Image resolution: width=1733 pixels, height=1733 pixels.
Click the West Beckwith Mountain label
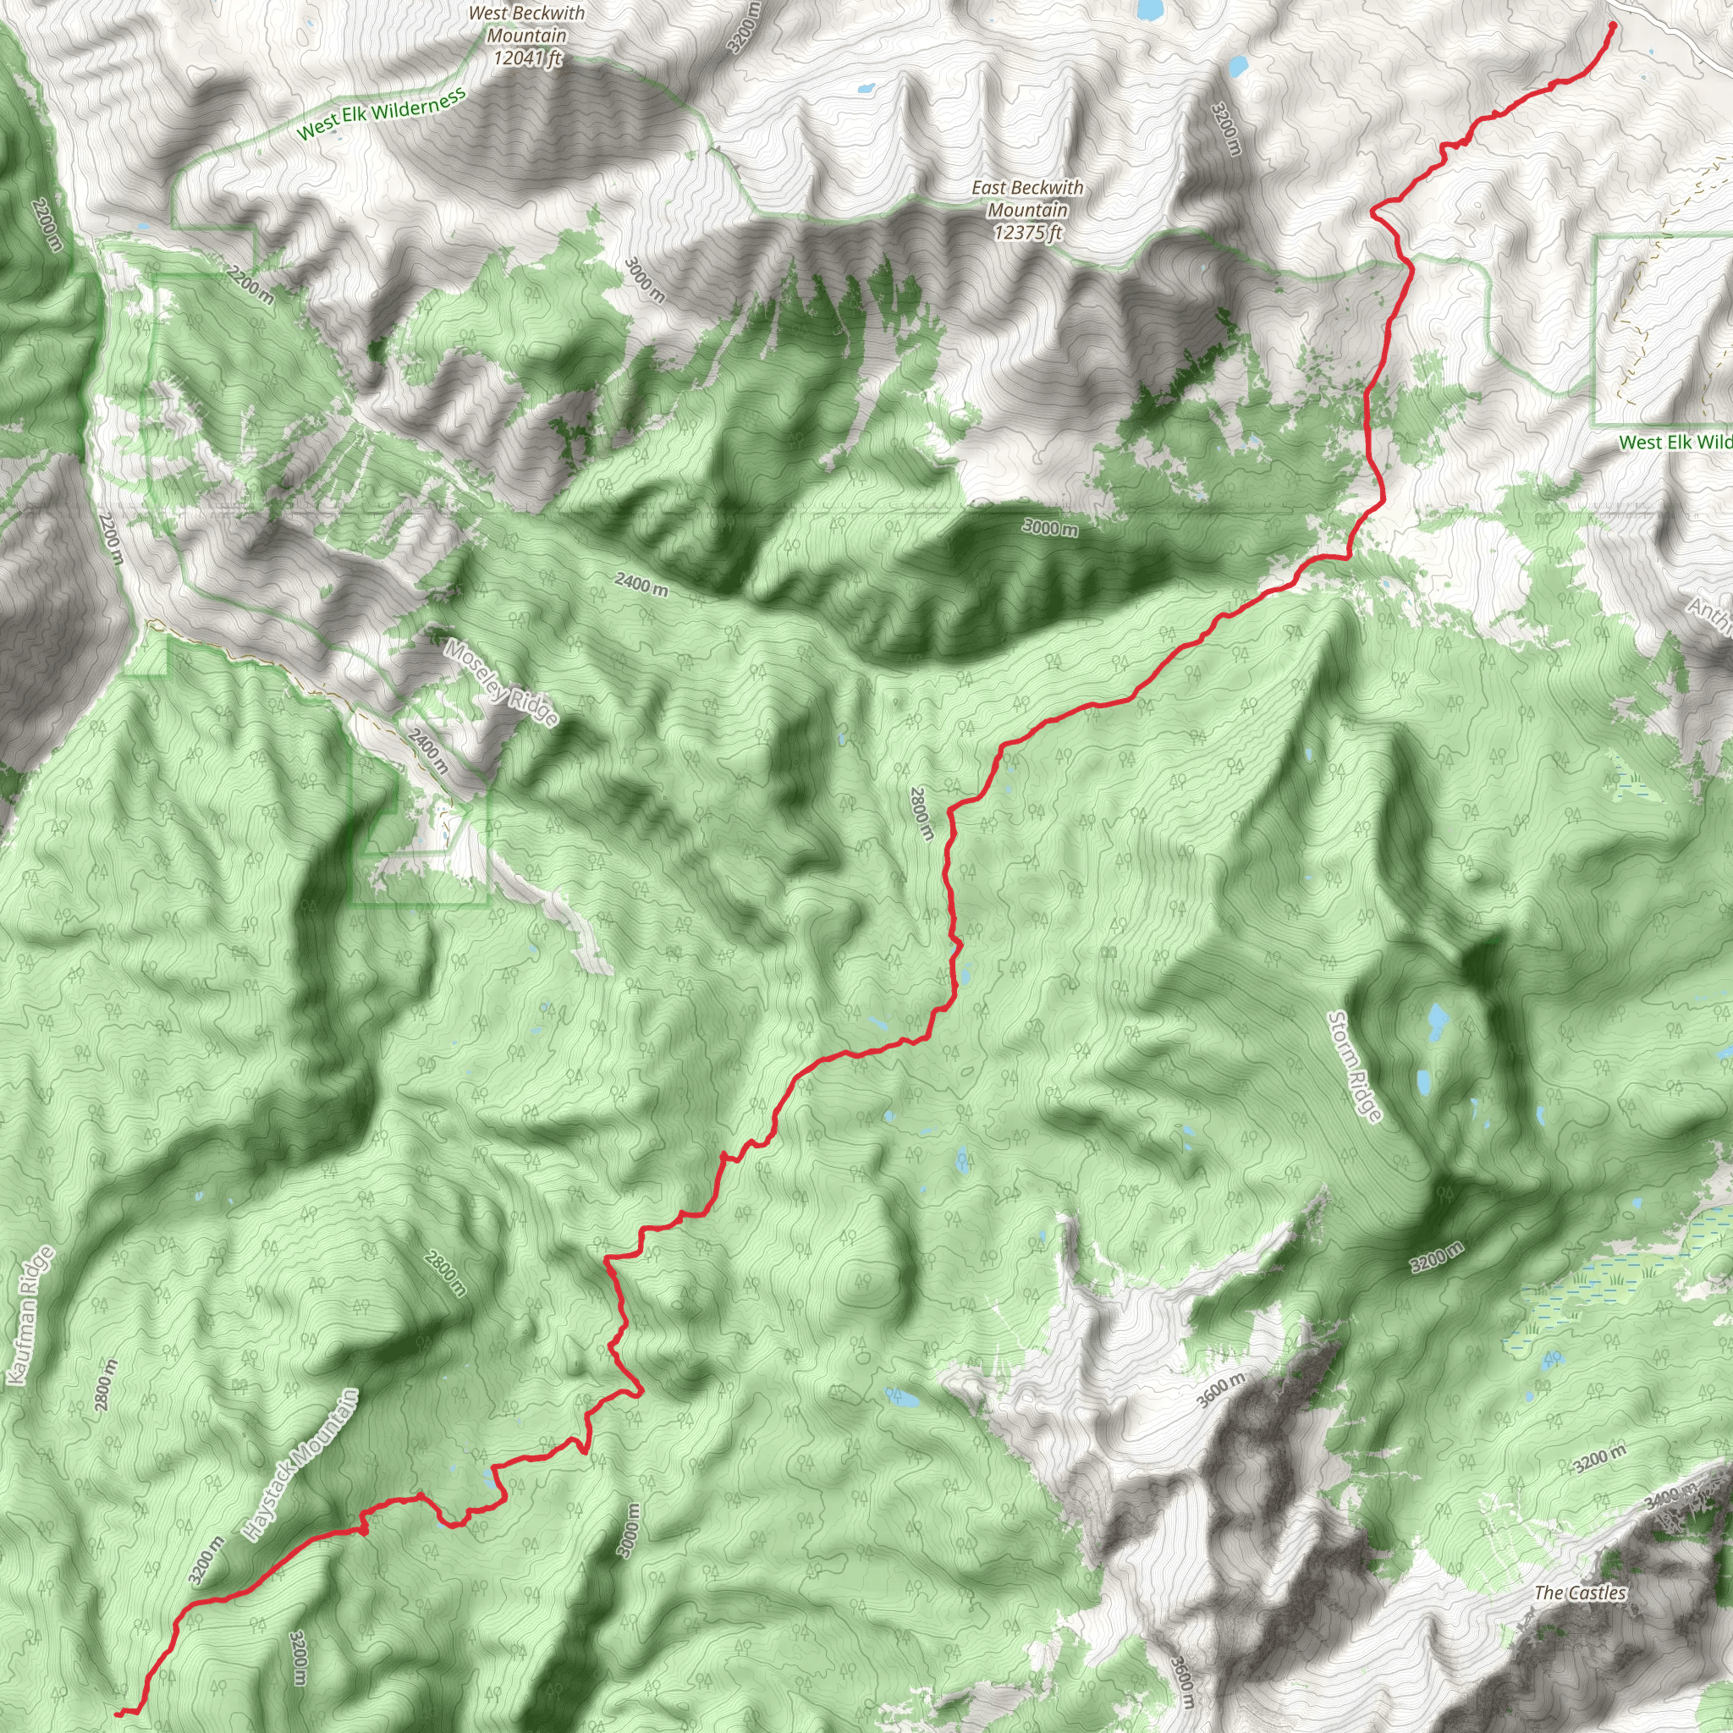(526, 25)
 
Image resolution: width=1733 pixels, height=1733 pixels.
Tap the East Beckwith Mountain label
(1027, 198)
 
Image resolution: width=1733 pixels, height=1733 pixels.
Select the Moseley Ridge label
(502, 683)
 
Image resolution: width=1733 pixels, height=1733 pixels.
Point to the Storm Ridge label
(1355, 1065)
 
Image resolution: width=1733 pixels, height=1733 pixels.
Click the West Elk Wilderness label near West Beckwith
(382, 113)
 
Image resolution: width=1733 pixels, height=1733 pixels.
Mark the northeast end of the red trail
(1612, 25)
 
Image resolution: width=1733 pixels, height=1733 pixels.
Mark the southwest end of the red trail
(118, 1714)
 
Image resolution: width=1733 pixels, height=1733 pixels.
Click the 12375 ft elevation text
(1027, 233)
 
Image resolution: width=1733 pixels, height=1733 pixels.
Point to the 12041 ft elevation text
(527, 58)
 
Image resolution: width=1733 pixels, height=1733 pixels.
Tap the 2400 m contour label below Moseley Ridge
(429, 751)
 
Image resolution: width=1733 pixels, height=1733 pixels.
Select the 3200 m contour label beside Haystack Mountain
(206, 1560)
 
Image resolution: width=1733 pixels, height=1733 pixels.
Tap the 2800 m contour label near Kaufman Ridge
(105, 1385)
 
